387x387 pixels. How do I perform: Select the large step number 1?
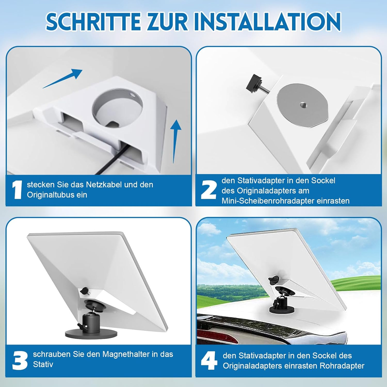17,190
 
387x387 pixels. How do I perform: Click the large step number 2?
208,190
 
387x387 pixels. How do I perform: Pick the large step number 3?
20,360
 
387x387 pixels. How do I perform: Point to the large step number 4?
209,360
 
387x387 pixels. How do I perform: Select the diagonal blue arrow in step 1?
62,78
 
